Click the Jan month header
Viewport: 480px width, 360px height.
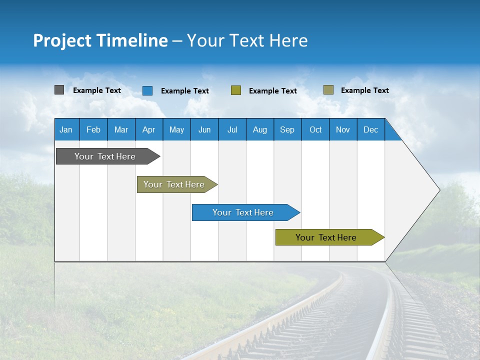(66, 129)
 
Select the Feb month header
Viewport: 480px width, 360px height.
(93, 129)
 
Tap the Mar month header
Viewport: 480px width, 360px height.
(121, 129)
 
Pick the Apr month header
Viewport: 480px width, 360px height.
(149, 129)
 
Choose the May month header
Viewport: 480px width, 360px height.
(176, 129)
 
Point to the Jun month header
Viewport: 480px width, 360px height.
(204, 129)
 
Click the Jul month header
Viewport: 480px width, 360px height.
(232, 129)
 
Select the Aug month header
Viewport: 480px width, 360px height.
(260, 129)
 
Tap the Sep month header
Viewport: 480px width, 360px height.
(287, 129)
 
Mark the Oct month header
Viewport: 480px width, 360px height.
(315, 129)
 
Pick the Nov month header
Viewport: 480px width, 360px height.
(343, 129)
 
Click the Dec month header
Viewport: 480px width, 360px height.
(371, 129)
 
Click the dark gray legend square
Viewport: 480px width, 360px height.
(59, 90)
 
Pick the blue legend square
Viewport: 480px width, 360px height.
(147, 90)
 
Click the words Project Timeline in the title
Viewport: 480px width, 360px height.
(100, 40)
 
